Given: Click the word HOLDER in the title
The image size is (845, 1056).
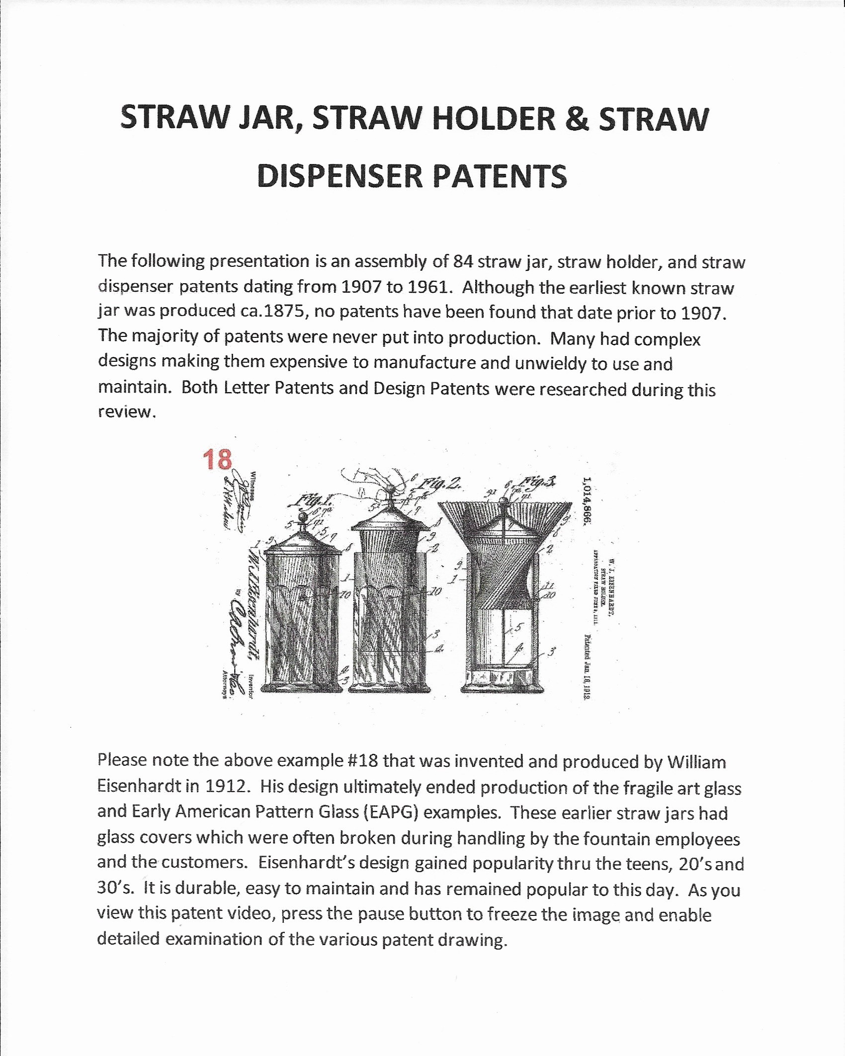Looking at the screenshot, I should click(x=494, y=119).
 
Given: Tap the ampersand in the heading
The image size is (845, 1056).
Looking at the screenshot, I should click(x=577, y=119).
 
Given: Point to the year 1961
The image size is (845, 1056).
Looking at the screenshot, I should click(x=429, y=287).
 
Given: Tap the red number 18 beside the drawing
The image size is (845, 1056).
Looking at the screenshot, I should click(x=217, y=459).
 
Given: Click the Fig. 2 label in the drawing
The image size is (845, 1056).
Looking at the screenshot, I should click(x=438, y=483).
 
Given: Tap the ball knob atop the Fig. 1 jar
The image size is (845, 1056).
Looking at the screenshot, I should click(x=302, y=518).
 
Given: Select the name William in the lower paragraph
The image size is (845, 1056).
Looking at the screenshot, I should click(x=696, y=762).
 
